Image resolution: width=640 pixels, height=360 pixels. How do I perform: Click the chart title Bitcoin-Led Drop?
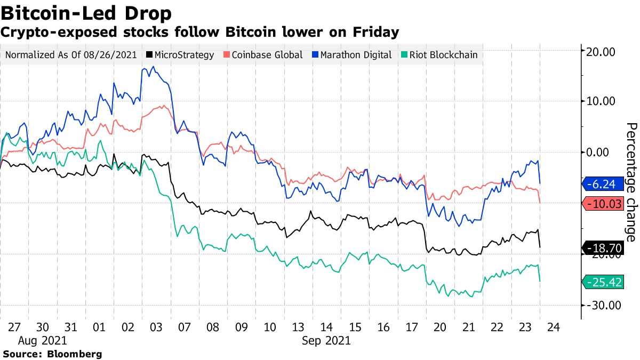pos(86,12)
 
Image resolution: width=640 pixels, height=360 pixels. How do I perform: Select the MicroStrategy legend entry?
pos(180,55)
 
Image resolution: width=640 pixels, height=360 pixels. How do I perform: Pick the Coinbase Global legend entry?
pos(263,55)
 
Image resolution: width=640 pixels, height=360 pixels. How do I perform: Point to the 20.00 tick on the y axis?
pos(601,52)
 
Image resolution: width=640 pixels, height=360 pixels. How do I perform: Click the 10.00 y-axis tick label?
pos(601,101)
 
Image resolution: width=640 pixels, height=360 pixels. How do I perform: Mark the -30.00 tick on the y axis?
pos(601,305)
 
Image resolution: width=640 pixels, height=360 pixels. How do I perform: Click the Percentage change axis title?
pos(630,182)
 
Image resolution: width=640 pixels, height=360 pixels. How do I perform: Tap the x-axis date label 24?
pos(553,327)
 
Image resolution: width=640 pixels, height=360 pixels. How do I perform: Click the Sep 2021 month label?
pos(327,340)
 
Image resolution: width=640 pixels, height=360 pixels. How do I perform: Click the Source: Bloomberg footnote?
pos(52,354)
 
